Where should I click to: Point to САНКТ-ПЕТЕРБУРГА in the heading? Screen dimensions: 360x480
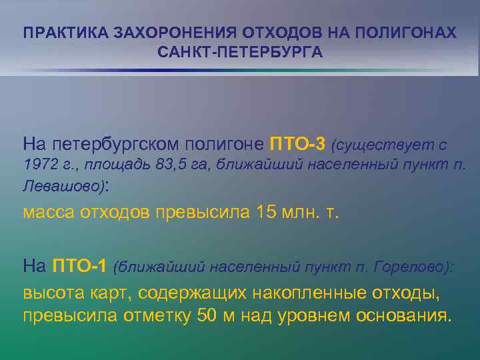click(240, 52)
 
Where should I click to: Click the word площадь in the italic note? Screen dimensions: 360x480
click(101, 165)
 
